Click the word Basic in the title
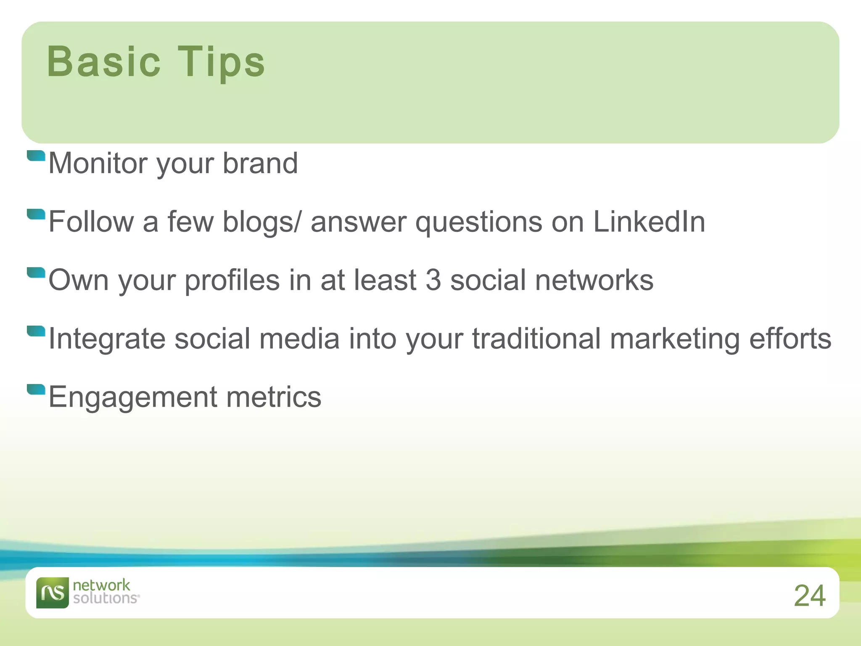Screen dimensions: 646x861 pos(103,62)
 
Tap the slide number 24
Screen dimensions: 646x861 pos(809,596)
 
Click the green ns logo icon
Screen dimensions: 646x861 pos(52,593)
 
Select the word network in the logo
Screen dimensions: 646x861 pos(101,585)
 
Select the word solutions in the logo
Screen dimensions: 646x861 pos(106,598)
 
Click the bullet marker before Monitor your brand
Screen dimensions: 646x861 pos(36,156)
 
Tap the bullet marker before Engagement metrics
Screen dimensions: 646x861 pos(36,389)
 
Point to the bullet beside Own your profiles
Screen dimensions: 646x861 pos(36,273)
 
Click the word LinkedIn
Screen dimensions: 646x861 pos(649,222)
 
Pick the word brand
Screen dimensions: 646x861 pos(260,163)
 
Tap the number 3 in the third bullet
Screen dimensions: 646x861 pos(433,280)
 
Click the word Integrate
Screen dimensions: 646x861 pos(107,339)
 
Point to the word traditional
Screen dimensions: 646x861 pos(536,339)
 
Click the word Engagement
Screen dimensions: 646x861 pos(133,397)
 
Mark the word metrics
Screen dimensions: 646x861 pos(273,397)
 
